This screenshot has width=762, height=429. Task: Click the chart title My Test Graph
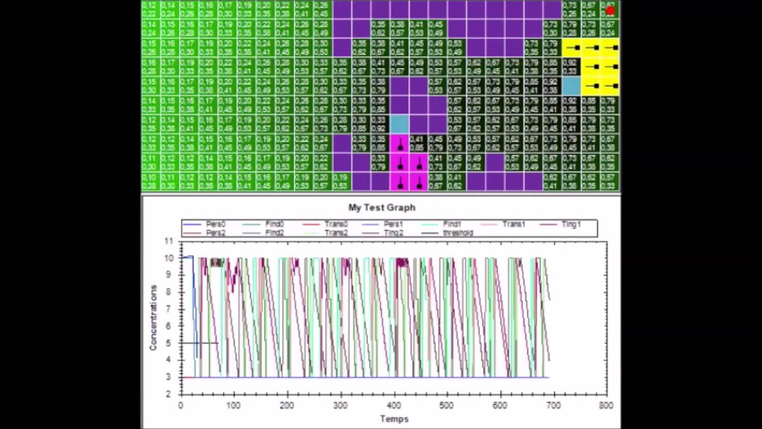tap(382, 207)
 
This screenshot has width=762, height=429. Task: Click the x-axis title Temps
tap(394, 419)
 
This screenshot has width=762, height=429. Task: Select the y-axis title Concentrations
tap(153, 318)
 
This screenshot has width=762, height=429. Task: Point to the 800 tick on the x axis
tap(605, 406)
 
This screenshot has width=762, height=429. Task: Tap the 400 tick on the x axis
tap(394, 406)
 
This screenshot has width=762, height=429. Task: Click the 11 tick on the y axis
tap(168, 241)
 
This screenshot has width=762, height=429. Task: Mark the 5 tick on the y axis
tap(168, 343)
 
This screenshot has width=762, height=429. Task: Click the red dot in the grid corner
tap(610, 10)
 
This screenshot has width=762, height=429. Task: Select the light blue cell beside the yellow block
tap(571, 86)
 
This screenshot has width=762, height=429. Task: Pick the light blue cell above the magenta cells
tap(399, 124)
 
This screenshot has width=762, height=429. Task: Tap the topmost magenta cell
tap(399, 144)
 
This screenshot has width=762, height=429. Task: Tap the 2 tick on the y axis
tap(168, 394)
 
